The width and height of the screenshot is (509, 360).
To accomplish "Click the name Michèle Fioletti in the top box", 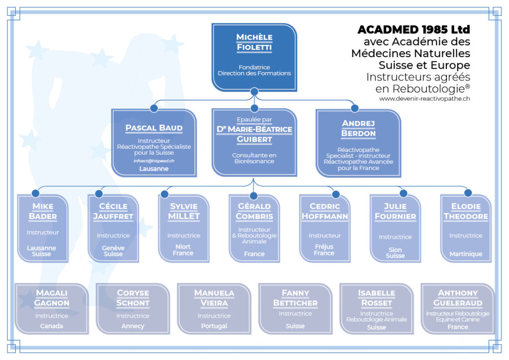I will coord(254,42).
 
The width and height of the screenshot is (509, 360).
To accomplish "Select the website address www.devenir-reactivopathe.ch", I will coord(424,99).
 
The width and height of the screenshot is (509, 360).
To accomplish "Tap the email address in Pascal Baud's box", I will coord(154,161).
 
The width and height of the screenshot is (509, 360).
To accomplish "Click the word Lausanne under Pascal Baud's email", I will coord(154,169).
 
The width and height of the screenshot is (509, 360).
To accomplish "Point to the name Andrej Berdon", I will coord(358,128).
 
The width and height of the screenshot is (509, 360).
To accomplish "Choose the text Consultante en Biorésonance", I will coord(254,158).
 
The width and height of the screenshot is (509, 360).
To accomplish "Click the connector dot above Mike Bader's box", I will coord(35,193).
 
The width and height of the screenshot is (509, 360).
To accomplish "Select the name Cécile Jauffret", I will coord(113,211).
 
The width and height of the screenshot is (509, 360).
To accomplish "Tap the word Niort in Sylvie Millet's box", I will coord(183,247).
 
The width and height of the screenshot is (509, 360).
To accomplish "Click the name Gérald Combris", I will coord(254,211).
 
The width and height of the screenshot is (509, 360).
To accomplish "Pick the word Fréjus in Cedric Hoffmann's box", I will coord(324,247).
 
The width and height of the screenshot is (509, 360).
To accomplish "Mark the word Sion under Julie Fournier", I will coord(395,250).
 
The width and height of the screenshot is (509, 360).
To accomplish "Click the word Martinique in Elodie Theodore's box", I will coord(466,254).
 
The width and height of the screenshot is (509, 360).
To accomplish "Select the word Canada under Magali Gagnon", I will coord(52,326).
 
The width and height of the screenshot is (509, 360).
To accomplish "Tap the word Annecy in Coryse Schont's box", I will coord(133,326).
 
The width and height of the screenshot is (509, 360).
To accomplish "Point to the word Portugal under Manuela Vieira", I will coord(214,326).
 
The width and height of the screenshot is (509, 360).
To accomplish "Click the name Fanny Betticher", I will coord(295,298).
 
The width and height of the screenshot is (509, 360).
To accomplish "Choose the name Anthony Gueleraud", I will coord(458,298).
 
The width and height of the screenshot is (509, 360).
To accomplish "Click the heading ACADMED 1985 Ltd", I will coord(414,29).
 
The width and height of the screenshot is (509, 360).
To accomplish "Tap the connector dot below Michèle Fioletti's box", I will coord(254,91).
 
